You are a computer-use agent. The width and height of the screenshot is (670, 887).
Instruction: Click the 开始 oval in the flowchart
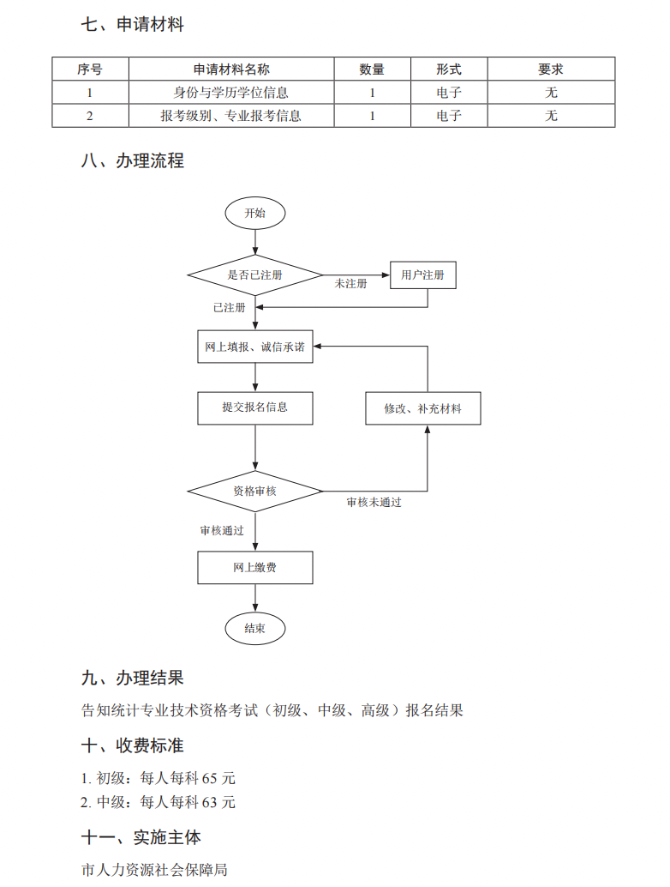(254, 213)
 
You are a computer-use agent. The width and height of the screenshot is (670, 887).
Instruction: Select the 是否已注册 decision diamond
(254, 275)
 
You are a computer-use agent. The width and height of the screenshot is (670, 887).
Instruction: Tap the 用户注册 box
(422, 275)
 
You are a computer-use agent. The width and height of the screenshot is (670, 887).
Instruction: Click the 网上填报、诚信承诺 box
(254, 347)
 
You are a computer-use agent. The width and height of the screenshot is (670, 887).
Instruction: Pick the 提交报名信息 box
(254, 407)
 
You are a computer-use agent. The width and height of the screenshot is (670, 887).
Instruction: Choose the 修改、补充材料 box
(422, 408)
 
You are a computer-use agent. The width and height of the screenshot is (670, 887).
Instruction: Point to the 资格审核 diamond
(254, 492)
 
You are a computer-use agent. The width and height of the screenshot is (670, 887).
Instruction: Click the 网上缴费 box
(254, 568)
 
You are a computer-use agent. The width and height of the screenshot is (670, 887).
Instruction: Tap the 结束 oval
(254, 629)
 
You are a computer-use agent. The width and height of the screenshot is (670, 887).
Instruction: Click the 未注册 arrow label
(350, 284)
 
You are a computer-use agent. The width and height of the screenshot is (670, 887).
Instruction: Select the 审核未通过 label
(374, 503)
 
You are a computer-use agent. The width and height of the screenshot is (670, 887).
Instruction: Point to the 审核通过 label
(222, 531)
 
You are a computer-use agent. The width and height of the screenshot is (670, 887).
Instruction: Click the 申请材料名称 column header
(230, 69)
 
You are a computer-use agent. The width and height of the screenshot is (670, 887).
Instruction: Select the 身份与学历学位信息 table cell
(230, 93)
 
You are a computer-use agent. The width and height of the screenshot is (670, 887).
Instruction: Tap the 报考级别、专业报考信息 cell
(230, 116)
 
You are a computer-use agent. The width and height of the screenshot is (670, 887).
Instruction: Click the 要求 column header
(551, 69)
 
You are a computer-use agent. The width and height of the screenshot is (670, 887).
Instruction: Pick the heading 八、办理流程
(133, 160)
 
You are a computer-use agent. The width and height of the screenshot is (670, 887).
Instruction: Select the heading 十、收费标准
(133, 745)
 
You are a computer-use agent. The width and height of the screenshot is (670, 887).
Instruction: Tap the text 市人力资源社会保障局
(154, 870)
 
